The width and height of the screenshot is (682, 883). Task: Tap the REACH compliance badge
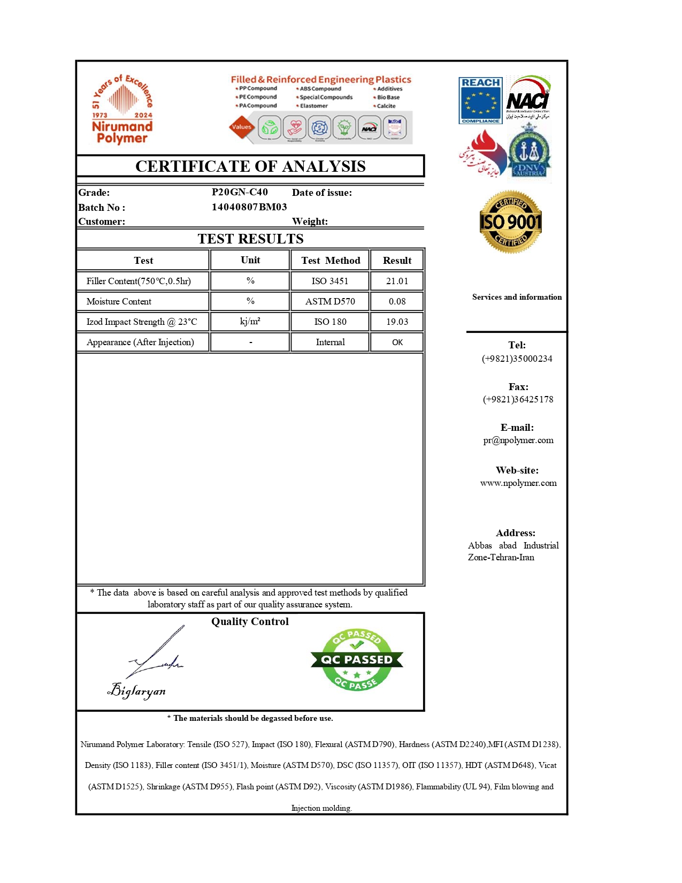(480, 101)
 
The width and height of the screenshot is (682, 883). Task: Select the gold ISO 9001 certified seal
(511, 222)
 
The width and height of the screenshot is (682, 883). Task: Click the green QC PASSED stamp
(357, 660)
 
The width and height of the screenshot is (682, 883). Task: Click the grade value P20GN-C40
(240, 192)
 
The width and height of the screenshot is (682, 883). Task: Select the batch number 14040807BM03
(249, 207)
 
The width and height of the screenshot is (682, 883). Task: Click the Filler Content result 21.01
(397, 281)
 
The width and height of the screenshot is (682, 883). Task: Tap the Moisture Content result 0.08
(397, 301)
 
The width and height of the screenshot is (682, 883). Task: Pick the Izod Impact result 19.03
(397, 322)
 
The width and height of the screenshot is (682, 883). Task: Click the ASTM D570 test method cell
(330, 301)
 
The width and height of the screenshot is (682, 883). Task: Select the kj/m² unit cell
(250, 322)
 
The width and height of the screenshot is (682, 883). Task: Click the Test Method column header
(331, 261)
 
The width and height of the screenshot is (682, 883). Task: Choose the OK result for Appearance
(397, 342)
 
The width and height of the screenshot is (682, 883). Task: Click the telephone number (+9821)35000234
(517, 359)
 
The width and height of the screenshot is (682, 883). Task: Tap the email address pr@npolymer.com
(518, 440)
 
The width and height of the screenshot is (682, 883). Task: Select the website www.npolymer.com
(518, 483)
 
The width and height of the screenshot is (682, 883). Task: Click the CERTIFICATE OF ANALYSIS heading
(250, 166)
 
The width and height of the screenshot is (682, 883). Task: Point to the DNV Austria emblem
(528, 153)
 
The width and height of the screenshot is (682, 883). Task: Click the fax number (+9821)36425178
(518, 399)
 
